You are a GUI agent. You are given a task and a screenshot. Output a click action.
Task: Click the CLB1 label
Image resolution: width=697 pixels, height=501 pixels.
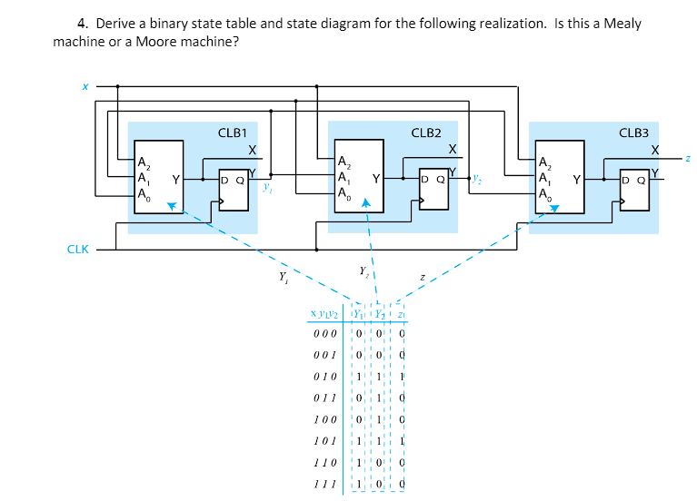[x=233, y=133]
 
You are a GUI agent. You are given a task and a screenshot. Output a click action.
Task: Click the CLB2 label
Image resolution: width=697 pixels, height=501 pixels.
[x=427, y=133]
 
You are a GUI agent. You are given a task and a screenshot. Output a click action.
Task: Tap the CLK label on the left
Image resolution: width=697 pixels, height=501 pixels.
[x=77, y=249]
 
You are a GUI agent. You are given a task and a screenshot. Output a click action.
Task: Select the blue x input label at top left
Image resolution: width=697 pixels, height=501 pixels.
[x=85, y=87]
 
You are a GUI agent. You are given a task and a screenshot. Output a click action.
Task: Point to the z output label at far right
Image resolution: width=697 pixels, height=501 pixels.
[x=689, y=158]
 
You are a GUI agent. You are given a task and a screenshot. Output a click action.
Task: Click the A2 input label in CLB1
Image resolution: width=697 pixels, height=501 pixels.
[x=144, y=163]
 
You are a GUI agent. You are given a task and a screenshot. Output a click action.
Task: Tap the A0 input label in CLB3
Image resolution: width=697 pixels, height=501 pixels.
[x=544, y=193]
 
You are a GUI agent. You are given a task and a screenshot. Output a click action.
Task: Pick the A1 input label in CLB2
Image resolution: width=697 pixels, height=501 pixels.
[x=343, y=178]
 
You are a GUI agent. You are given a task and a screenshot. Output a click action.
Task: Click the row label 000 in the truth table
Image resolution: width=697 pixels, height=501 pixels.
[x=324, y=333]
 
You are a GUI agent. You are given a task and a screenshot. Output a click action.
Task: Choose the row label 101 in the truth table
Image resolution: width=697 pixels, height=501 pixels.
[x=324, y=442]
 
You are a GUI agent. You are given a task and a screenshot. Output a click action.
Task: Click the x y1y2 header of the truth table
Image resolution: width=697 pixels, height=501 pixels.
[x=324, y=314]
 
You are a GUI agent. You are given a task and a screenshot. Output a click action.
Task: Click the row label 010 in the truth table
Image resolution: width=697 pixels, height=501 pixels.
[x=324, y=377]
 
